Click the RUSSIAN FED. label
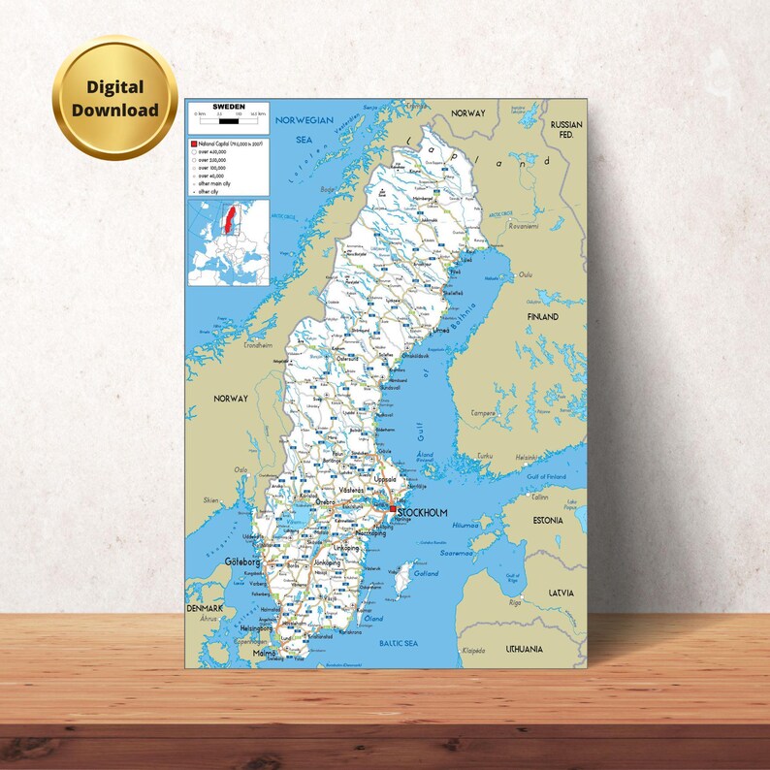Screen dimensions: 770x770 [566, 130]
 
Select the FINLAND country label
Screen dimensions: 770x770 [543, 317]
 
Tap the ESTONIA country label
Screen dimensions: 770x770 [547, 520]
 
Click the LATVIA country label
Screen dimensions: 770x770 [560, 593]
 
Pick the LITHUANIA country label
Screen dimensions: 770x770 [525, 649]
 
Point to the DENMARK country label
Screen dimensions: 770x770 [206, 608]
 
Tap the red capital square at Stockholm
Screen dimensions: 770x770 [392, 509]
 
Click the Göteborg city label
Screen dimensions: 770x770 [215, 561]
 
